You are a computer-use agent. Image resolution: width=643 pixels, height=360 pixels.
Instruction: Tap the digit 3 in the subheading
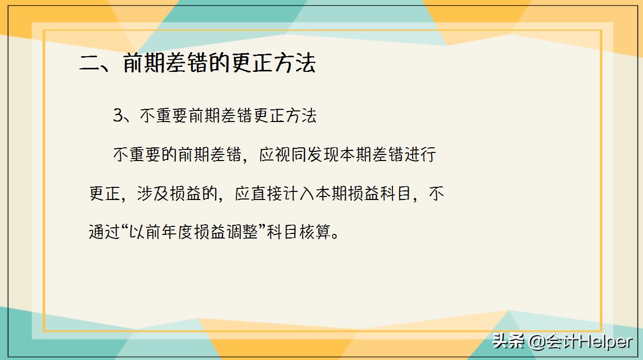pyautogui.click(x=118, y=116)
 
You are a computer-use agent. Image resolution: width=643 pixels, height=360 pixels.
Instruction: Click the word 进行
pyautogui.click(x=420, y=155)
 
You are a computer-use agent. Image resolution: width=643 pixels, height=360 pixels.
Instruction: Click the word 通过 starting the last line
pyautogui.click(x=105, y=233)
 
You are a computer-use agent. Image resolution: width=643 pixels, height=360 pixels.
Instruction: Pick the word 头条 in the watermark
pyautogui.click(x=508, y=342)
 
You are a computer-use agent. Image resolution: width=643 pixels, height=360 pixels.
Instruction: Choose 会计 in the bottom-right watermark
pyautogui.click(x=563, y=342)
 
